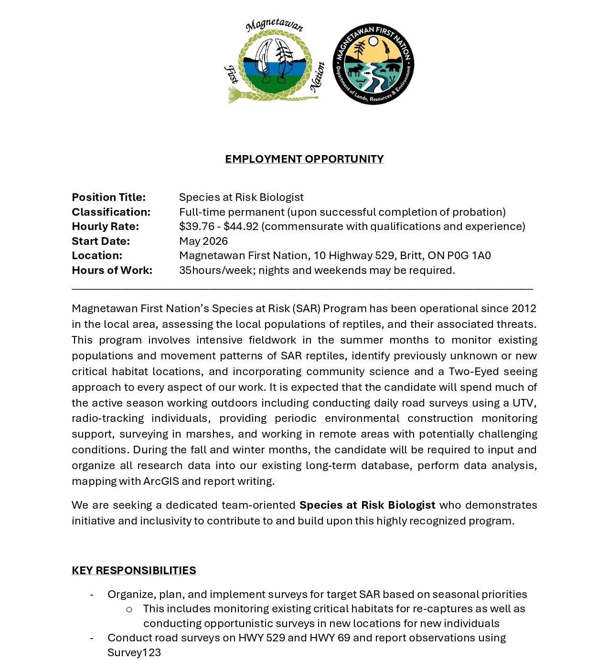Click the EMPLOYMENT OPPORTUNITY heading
(304, 159)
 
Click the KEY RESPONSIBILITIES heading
(134, 570)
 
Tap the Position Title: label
(108, 197)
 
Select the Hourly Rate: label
(105, 226)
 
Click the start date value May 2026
(203, 241)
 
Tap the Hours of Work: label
(112, 270)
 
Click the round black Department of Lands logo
(373, 64)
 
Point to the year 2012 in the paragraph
(524, 308)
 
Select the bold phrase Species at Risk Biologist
(367, 505)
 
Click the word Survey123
(134, 652)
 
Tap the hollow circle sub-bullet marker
(129, 609)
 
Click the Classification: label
(111, 212)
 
